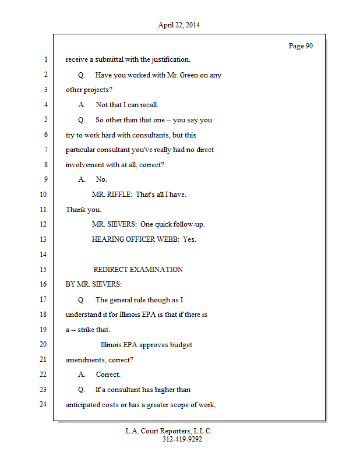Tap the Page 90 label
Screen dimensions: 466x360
301,46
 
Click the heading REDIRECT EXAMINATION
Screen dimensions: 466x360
138,270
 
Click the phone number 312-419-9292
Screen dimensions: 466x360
182,440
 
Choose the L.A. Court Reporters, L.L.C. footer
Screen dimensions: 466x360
169,432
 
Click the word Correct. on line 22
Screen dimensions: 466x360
108,375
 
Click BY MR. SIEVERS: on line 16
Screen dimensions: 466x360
94,285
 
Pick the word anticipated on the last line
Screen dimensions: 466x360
84,405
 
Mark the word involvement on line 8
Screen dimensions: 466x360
85,165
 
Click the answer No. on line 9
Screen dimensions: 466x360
101,179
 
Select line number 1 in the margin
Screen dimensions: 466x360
44,59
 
